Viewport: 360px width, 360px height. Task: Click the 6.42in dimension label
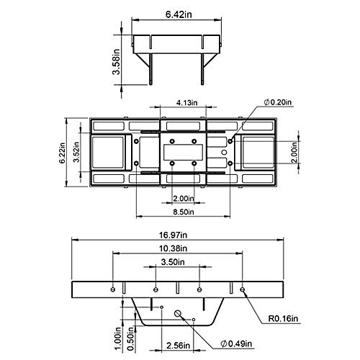(x=179, y=14)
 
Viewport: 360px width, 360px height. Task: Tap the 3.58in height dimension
(x=117, y=62)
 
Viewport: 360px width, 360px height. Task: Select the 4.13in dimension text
(x=187, y=103)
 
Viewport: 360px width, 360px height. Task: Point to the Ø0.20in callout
(x=278, y=102)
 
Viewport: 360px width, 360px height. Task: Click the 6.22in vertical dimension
(x=62, y=153)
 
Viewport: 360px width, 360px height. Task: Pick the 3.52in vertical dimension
(x=76, y=152)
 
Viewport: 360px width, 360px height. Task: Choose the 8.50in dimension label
(x=184, y=212)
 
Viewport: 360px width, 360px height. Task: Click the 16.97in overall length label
(x=173, y=235)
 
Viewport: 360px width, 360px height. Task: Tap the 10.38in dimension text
(x=173, y=248)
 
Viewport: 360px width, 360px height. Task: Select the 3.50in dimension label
(x=173, y=262)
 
